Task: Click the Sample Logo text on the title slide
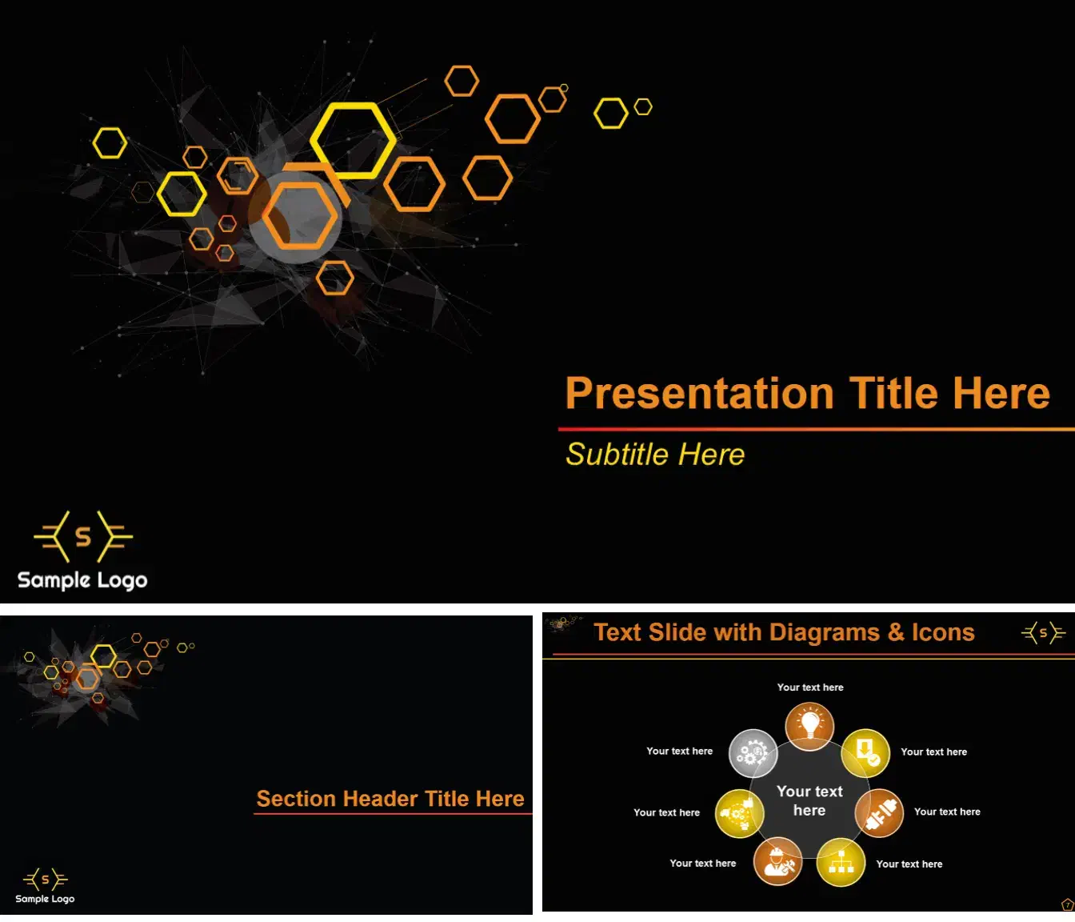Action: (82, 580)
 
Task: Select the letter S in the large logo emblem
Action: (83, 536)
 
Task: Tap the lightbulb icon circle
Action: (809, 727)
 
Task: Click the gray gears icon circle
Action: (753, 753)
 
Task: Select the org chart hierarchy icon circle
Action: (841, 862)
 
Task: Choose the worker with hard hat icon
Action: (777, 861)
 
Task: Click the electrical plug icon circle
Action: (880, 812)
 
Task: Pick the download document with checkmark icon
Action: (865, 753)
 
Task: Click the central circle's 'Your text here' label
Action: (809, 801)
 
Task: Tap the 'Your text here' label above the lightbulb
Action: (810, 687)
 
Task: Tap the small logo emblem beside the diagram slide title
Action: (1043, 633)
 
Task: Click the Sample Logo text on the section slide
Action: (45, 899)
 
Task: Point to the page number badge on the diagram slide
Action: (1067, 905)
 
